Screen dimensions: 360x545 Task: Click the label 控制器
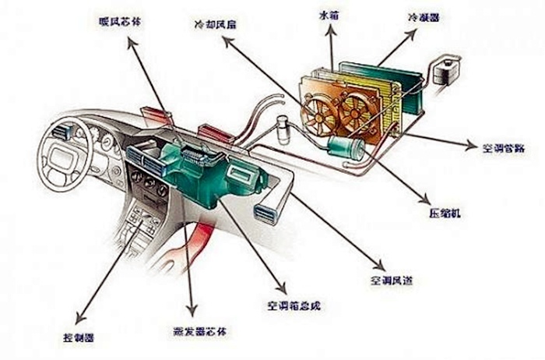[x=78, y=338]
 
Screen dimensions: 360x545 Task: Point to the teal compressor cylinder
[x=343, y=146]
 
